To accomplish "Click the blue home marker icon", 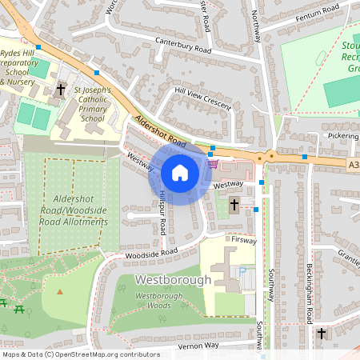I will click(x=179, y=173).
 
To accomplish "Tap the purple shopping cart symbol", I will click(x=213, y=165).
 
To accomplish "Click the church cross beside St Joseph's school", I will click(x=61, y=91).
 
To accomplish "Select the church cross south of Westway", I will click(x=234, y=205).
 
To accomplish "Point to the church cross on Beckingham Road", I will click(x=322, y=333).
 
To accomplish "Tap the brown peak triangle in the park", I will click(x=59, y=290).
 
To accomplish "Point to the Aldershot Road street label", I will click(x=160, y=133).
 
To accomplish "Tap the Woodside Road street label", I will click(x=150, y=253).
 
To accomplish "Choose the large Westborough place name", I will click(x=173, y=280).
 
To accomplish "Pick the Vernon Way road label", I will click(x=198, y=345).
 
